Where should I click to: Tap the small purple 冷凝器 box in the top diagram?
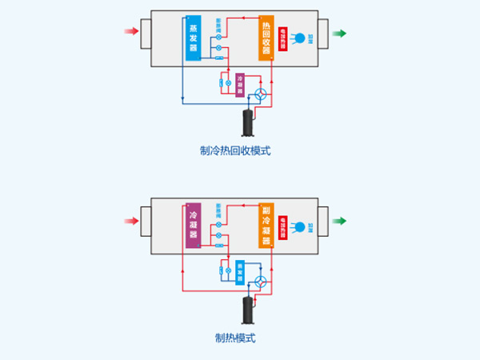[239, 84]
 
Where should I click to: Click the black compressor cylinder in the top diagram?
[249, 122]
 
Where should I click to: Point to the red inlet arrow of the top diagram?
[131, 33]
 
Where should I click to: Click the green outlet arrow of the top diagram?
[340, 34]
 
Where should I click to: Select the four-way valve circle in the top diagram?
[261, 94]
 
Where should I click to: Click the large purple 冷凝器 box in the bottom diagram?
[193, 224]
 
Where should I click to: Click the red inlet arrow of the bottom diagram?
[131, 221]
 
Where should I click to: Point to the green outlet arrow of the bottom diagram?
[340, 221]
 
